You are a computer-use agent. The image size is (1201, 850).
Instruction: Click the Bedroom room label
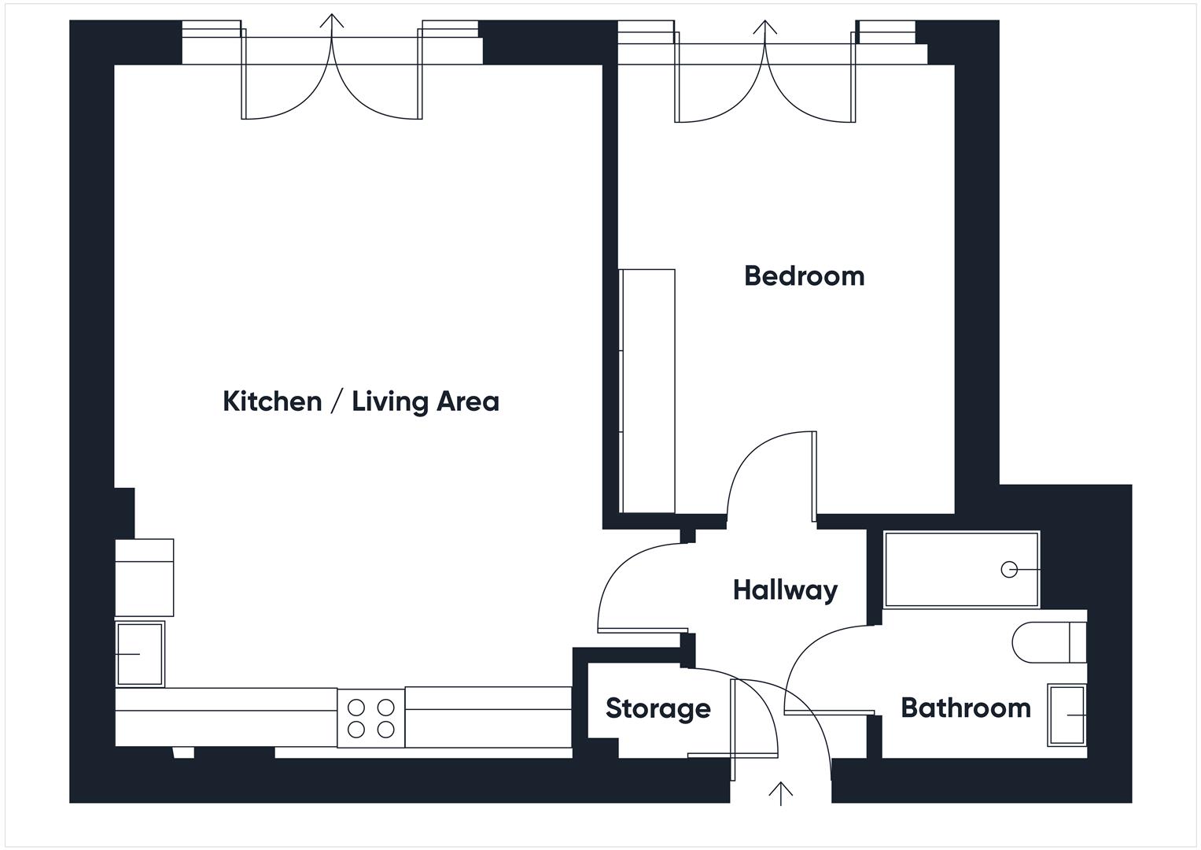pos(804,276)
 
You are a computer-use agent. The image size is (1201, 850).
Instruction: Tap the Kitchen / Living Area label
pos(361,401)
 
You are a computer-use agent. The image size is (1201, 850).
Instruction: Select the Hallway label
pos(785,589)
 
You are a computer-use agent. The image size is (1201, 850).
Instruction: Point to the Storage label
pos(658,708)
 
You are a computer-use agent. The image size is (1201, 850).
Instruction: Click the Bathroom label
pos(965,708)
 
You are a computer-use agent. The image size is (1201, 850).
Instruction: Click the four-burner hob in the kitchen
pos(371,718)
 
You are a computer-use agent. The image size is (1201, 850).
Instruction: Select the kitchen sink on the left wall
pos(140,653)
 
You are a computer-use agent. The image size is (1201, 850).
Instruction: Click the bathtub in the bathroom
pos(960,569)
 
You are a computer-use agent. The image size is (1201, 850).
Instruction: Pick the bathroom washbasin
pos(1067,715)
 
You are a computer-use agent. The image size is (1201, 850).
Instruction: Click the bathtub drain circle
pos(1008,569)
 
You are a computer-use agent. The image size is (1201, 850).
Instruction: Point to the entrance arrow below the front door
pos(780,793)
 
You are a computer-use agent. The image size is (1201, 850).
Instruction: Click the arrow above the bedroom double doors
pos(764,28)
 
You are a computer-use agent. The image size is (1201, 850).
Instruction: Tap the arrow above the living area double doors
pos(332,22)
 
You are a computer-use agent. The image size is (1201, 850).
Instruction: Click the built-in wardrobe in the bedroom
pos(647,391)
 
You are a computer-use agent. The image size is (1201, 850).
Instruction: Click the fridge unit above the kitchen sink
pos(144,578)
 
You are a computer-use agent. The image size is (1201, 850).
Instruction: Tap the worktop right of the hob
pos(488,718)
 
